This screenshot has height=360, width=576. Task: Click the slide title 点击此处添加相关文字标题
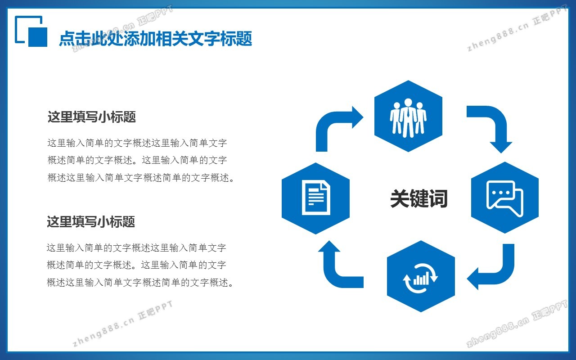click(156, 39)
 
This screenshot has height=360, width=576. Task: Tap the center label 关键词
click(419, 198)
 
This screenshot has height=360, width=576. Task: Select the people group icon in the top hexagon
click(408, 118)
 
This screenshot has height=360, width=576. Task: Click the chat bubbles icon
click(505, 198)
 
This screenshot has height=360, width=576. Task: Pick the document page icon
click(316, 198)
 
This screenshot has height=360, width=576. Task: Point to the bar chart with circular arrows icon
click(420, 278)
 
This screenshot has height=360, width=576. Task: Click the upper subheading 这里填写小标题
click(91, 117)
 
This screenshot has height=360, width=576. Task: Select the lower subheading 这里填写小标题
click(91, 221)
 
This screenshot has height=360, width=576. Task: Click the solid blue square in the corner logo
click(37, 37)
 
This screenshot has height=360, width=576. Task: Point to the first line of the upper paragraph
click(137, 143)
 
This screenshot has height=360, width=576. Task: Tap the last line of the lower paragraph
click(140, 283)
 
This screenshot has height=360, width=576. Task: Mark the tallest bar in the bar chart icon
click(427, 278)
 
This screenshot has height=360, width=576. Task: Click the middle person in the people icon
click(408, 118)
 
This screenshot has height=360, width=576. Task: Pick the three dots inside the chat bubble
click(500, 193)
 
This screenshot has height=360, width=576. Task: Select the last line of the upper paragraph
click(141, 178)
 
